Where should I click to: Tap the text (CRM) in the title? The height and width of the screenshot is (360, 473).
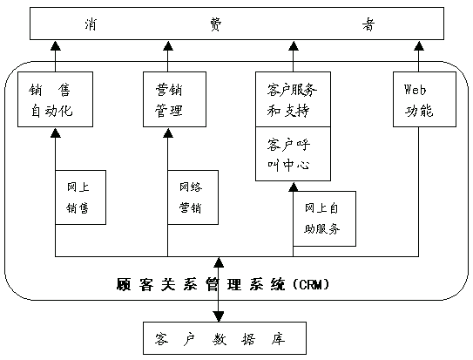pos(311,284)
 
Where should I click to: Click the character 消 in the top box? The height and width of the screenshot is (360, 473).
pos(91,24)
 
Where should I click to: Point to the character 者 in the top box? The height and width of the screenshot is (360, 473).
pos(368,24)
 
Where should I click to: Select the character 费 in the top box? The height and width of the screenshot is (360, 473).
pos(216,24)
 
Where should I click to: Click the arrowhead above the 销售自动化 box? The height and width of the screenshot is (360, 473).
pos(55,45)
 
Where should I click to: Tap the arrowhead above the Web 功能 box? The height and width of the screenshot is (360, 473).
pos(418,45)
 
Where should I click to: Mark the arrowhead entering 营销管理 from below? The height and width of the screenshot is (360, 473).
pos(168,132)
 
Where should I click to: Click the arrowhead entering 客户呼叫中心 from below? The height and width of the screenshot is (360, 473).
pos(293,187)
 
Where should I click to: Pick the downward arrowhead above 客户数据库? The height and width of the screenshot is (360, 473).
pos(219,316)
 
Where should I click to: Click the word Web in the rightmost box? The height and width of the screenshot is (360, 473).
pos(415,90)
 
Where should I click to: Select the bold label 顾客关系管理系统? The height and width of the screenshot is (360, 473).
pos(200,284)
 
